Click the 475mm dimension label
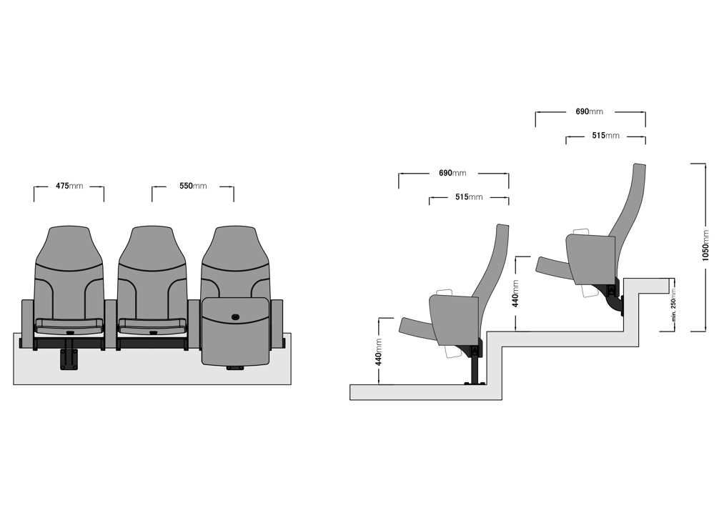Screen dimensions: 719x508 pyautogui.click(x=69, y=186)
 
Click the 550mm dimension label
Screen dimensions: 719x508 pyautogui.click(x=193, y=186)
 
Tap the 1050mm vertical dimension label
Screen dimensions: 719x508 pyautogui.click(x=705, y=246)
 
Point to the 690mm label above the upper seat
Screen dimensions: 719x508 pyautogui.click(x=589, y=111)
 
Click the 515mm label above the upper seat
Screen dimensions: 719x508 pyautogui.click(x=605, y=135)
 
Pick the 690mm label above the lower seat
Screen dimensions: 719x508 pyautogui.click(x=452, y=173)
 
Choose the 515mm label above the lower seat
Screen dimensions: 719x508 pyautogui.click(x=469, y=196)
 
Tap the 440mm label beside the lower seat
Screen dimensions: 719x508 pyautogui.click(x=379, y=352)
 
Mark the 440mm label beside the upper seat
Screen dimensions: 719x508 pyautogui.click(x=515, y=294)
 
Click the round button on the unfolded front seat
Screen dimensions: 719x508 pyautogui.click(x=236, y=317)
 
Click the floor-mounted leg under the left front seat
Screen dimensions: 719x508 pyautogui.click(x=69, y=359)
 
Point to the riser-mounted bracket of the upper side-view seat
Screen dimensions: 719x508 pyautogui.click(x=613, y=296)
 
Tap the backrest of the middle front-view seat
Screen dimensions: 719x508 pyautogui.click(x=152, y=273)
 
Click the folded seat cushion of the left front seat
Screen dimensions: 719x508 pyautogui.click(x=69, y=326)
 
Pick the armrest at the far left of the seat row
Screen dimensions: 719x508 pyautogui.click(x=27, y=324)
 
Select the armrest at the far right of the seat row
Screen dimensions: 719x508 pyautogui.click(x=277, y=324)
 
